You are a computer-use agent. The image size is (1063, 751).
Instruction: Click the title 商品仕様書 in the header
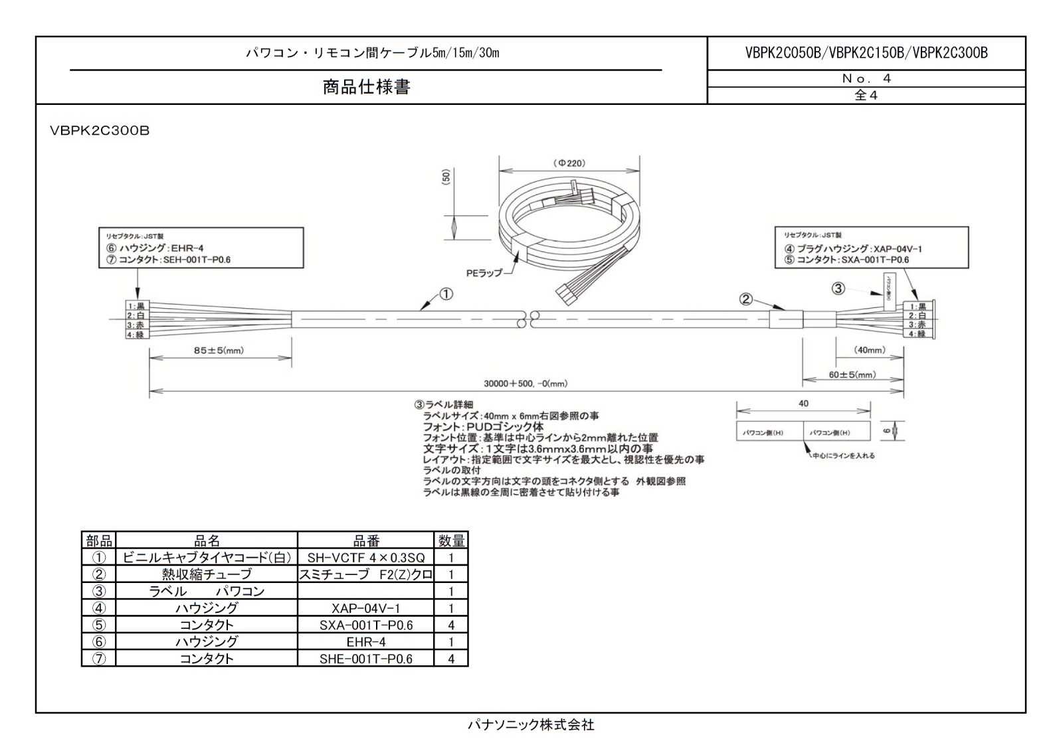click(x=366, y=87)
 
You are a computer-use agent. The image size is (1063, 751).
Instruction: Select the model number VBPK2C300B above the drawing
click(x=100, y=131)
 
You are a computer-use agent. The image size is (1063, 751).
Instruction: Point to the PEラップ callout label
click(x=484, y=273)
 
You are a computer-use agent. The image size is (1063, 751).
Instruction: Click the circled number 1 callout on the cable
click(x=446, y=293)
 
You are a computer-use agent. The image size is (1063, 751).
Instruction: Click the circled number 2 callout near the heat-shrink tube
click(x=746, y=299)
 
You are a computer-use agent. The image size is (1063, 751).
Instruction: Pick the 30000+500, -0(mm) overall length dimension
click(x=525, y=384)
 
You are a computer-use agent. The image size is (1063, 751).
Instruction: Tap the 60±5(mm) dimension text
click(x=852, y=375)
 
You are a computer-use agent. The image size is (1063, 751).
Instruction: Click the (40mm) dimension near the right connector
click(x=869, y=350)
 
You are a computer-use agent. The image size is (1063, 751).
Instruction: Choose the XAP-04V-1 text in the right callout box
click(x=898, y=248)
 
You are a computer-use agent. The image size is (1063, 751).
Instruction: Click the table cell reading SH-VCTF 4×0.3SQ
click(x=365, y=558)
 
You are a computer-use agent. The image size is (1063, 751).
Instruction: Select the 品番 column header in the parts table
click(x=365, y=541)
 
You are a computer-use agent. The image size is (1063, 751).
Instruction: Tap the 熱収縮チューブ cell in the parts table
click(x=207, y=574)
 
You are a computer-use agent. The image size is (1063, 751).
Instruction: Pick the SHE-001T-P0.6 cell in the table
click(x=365, y=659)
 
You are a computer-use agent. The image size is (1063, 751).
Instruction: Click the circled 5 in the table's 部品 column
click(x=98, y=625)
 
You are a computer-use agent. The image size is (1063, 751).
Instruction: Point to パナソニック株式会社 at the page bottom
click(x=531, y=725)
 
